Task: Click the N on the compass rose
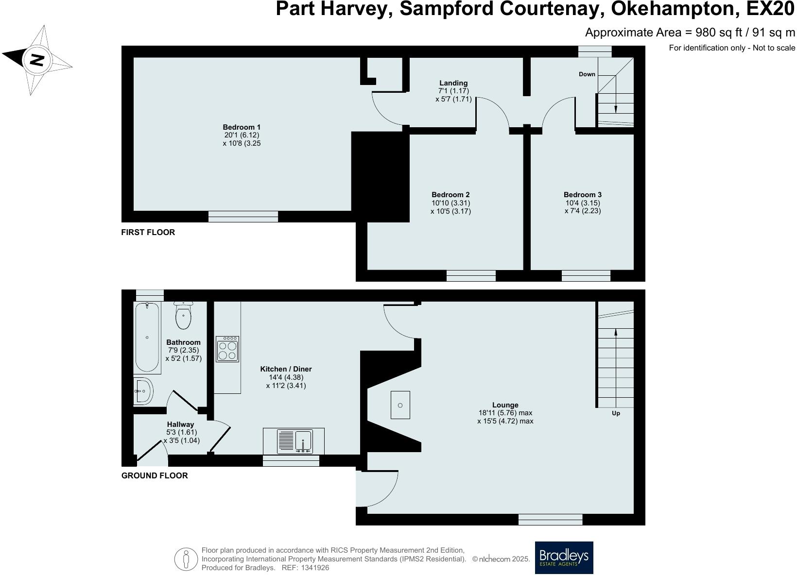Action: pyautogui.click(x=37, y=60)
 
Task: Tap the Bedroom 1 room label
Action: pyautogui.click(x=242, y=127)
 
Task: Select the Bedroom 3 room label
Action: pyautogui.click(x=583, y=195)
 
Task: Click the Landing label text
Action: pyautogui.click(x=453, y=83)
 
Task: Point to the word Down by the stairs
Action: pyautogui.click(x=587, y=74)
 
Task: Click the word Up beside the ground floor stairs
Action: pyautogui.click(x=616, y=413)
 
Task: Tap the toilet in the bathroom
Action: pyautogui.click(x=183, y=316)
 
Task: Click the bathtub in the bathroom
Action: pyautogui.click(x=147, y=337)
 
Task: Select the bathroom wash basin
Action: pyautogui.click(x=144, y=391)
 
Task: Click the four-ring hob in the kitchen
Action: pyautogui.click(x=227, y=349)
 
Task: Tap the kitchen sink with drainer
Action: pyautogui.click(x=294, y=441)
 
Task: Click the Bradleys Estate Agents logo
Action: pyautogui.click(x=564, y=558)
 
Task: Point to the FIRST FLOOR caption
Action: pyautogui.click(x=148, y=232)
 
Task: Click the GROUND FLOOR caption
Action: pyautogui.click(x=154, y=475)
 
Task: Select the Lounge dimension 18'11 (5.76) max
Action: pyautogui.click(x=505, y=413)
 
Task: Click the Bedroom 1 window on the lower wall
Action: pyautogui.click(x=243, y=217)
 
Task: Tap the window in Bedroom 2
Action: pyautogui.click(x=471, y=276)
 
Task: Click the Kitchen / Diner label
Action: pyautogui.click(x=286, y=369)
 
